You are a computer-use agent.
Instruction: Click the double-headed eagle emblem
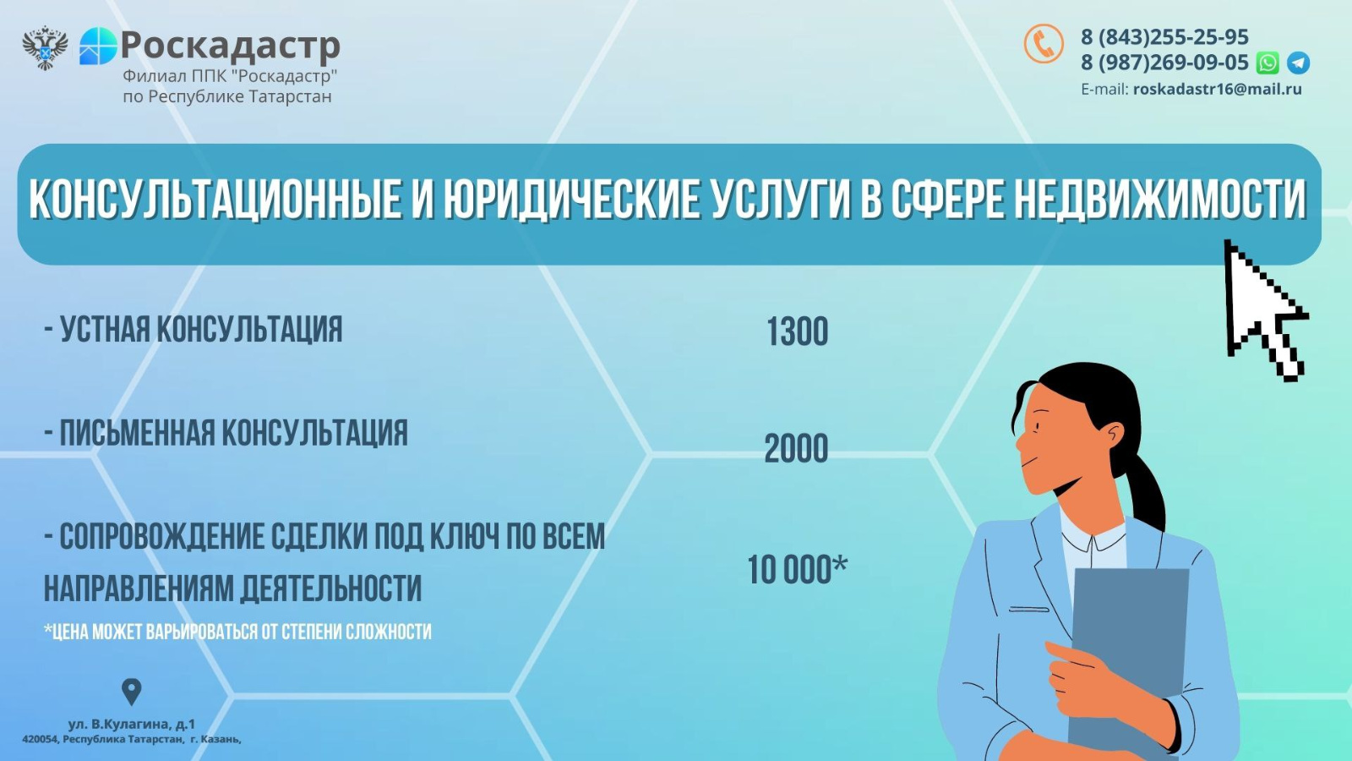[x=46, y=47]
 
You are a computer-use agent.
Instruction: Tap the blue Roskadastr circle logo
[x=98, y=46]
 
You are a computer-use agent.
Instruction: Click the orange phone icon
[x=1044, y=43]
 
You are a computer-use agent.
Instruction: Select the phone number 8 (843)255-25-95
[x=1164, y=37]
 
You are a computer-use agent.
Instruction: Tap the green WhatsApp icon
[x=1267, y=63]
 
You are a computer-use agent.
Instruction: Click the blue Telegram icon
[x=1298, y=63]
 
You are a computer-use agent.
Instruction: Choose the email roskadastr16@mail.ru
[x=1218, y=90]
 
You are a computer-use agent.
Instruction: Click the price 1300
[x=798, y=331]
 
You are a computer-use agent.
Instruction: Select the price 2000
[x=796, y=448]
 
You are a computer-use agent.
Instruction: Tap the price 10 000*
[x=798, y=569]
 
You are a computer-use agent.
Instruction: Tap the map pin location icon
[x=132, y=691]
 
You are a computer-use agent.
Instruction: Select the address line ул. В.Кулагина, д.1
[x=132, y=724]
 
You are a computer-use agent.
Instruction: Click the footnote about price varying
[x=237, y=632]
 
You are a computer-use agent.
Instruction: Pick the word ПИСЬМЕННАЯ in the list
[x=138, y=433]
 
